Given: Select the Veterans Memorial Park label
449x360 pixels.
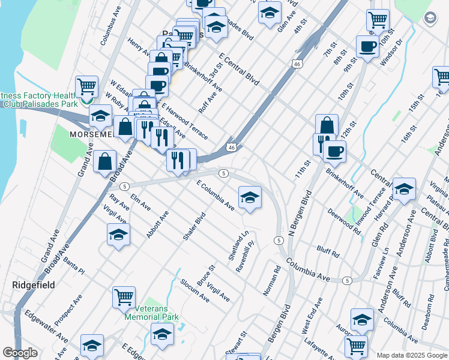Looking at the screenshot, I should click(x=152, y=313).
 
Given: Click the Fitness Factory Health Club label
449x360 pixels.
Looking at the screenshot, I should click(x=38, y=100).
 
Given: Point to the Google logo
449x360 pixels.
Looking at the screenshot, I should click(x=20, y=353).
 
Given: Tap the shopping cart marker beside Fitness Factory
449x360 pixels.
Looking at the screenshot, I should click(x=87, y=88).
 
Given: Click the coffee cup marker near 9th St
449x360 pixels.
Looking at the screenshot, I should click(x=367, y=46).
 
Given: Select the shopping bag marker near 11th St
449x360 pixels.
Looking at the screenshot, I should click(x=327, y=125).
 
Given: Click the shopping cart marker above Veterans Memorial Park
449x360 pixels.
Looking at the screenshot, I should click(x=124, y=296).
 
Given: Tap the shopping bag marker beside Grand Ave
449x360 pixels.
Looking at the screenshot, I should click(x=105, y=161).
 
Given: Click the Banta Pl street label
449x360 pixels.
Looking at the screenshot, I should click(x=74, y=262).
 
